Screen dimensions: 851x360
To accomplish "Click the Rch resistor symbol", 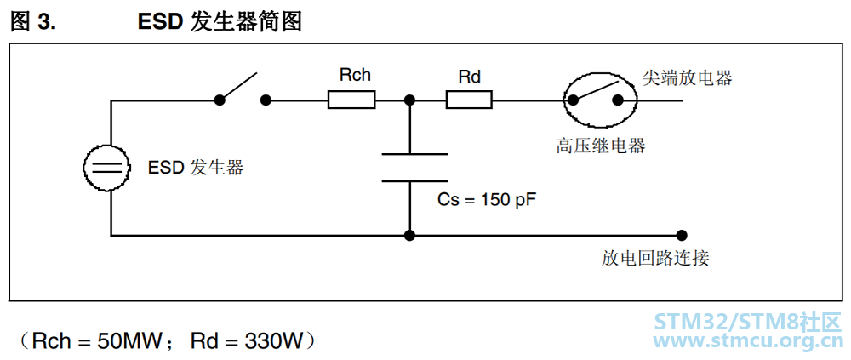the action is (x=351, y=100).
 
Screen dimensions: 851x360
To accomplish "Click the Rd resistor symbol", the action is (x=469, y=100).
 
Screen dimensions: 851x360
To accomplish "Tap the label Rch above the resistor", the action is (x=355, y=75).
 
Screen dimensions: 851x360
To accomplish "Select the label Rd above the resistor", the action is (x=470, y=77).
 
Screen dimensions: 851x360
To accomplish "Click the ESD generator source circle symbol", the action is (x=107, y=168).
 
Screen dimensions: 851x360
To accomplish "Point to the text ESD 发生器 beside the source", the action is (x=196, y=168).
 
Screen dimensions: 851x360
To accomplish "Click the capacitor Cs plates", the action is (x=414, y=168).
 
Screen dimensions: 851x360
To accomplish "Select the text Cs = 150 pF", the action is (x=487, y=200).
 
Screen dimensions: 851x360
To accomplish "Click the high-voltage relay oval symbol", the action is (x=599, y=100).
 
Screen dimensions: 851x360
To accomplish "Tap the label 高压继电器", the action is (x=600, y=146).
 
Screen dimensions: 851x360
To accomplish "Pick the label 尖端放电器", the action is (x=687, y=77).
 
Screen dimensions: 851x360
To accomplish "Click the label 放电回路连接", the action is (x=655, y=258).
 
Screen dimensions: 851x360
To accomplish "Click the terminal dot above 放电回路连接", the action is (x=683, y=235).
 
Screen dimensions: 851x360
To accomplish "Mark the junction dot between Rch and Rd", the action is (x=410, y=100).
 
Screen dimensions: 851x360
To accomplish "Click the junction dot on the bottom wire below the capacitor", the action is (x=410, y=235).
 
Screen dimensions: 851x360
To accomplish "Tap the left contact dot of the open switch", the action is (x=220, y=100).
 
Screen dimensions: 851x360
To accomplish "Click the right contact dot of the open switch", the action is (x=266, y=100).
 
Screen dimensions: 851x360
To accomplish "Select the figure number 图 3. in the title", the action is (x=34, y=22).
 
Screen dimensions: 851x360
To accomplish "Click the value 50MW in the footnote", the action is (x=130, y=341).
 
